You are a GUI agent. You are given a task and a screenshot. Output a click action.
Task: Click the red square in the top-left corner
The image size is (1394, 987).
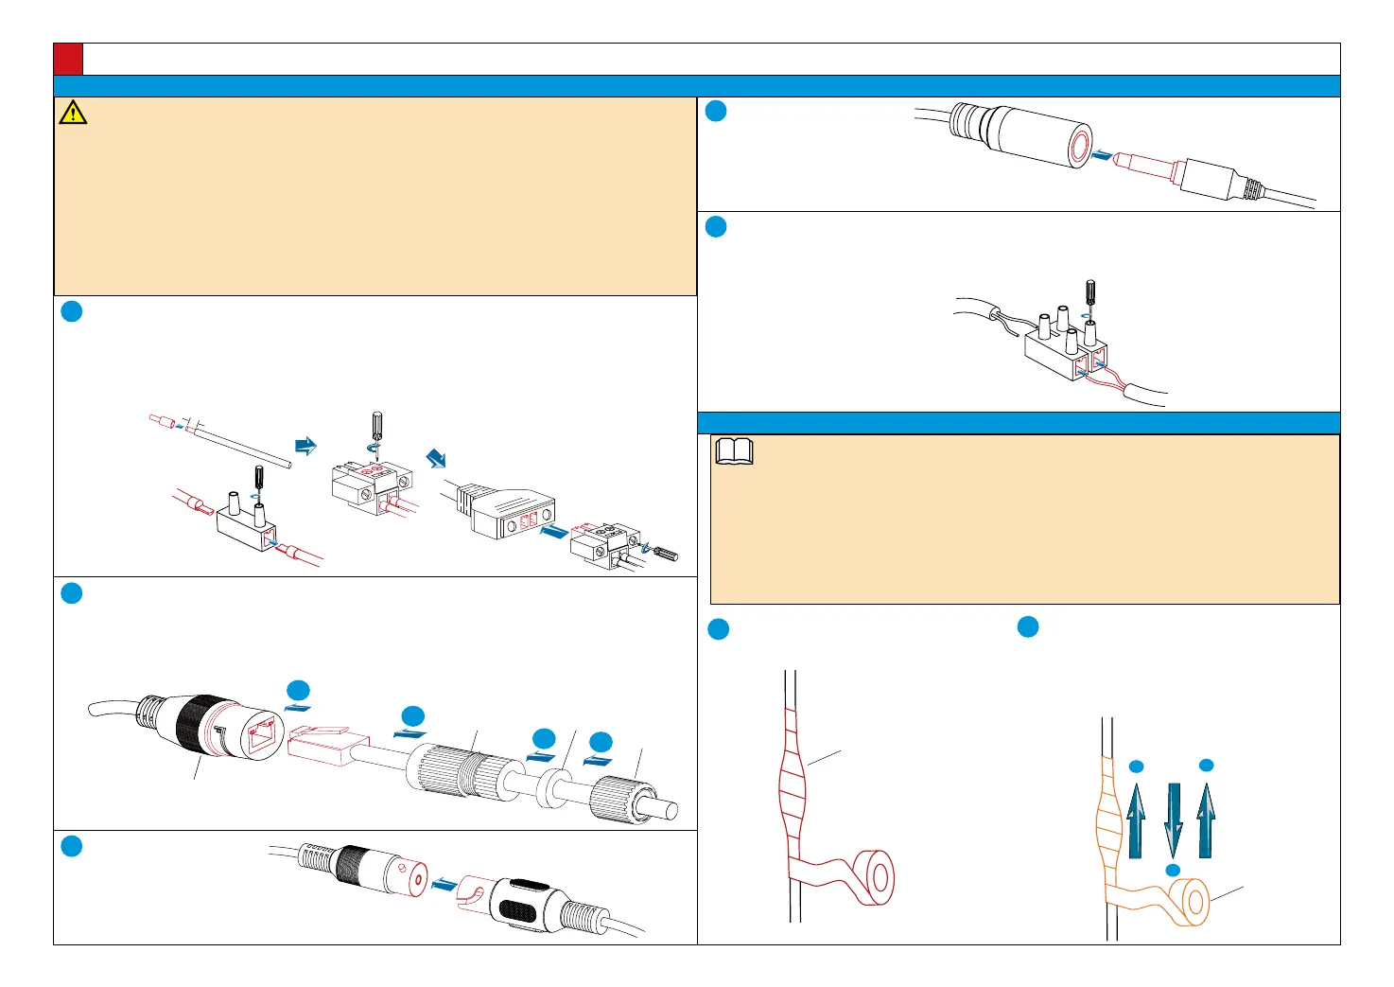click(68, 59)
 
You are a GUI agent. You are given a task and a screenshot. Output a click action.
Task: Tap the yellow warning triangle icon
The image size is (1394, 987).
click(73, 113)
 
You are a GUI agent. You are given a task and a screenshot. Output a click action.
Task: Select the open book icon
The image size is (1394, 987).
click(735, 451)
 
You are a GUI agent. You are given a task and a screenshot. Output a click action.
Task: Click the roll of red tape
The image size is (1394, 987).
click(871, 877)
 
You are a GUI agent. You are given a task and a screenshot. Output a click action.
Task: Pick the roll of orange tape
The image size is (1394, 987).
click(1188, 902)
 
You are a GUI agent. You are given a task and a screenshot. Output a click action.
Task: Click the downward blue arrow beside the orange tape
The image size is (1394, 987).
click(1173, 820)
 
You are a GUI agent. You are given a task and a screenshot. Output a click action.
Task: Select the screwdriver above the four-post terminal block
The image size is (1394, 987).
click(1089, 294)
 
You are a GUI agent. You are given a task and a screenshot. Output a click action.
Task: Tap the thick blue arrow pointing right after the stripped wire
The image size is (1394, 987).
click(305, 446)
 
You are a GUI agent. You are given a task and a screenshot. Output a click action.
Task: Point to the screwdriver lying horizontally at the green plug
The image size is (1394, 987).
click(663, 553)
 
